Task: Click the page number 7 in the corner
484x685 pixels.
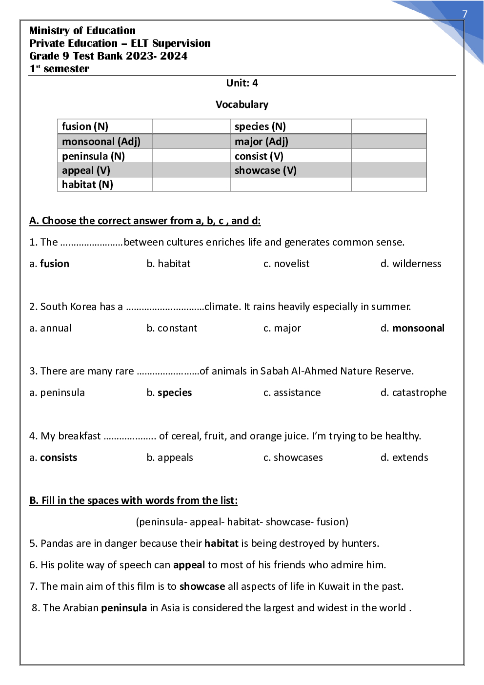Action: (x=464, y=14)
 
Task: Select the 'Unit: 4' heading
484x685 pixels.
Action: (x=242, y=83)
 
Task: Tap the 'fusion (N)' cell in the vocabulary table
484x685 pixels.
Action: (x=85, y=126)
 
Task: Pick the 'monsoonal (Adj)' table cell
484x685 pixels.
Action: (x=101, y=142)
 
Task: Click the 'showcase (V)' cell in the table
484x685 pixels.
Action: (x=265, y=170)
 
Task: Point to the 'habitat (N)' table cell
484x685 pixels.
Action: (x=87, y=185)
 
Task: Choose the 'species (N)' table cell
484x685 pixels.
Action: (x=260, y=126)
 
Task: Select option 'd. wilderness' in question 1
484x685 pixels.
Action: (x=411, y=264)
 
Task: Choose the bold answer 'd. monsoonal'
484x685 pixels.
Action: (x=413, y=328)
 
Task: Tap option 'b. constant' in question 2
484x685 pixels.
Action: (x=172, y=328)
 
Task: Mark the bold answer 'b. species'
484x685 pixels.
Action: (x=169, y=393)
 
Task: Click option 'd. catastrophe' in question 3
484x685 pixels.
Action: (x=413, y=393)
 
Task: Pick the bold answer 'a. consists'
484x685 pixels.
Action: (x=53, y=457)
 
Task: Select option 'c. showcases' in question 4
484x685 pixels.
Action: (x=293, y=457)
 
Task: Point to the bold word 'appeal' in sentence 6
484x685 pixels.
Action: (x=189, y=565)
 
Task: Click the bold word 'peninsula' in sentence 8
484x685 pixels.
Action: (x=124, y=608)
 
